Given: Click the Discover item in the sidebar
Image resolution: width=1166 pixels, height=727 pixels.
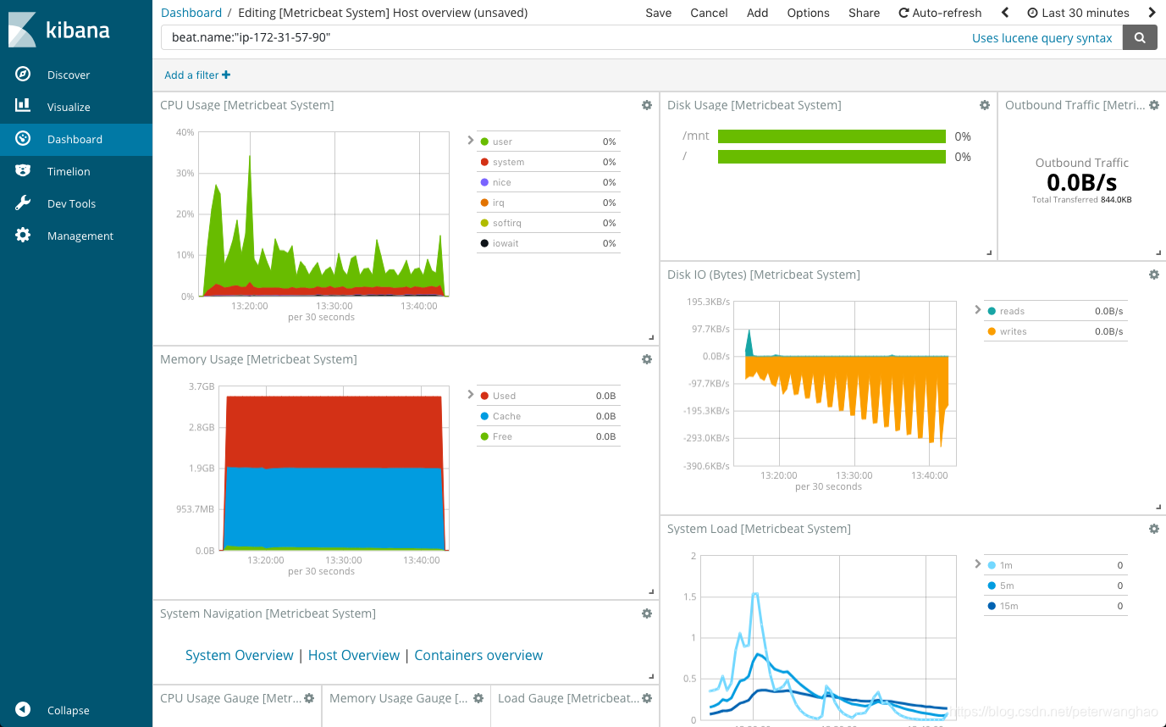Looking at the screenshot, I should [68, 75].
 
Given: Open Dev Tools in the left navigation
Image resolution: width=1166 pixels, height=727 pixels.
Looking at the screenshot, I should [71, 203].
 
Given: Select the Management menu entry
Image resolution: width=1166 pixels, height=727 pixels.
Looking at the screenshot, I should [80, 236].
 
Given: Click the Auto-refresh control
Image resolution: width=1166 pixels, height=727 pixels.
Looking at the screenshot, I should [940, 13].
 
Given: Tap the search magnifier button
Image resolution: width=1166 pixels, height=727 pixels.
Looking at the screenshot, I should [1140, 37].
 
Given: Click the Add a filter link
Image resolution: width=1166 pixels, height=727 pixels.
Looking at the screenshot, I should [196, 75].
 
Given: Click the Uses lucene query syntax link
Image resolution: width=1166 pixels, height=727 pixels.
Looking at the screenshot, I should [1042, 37].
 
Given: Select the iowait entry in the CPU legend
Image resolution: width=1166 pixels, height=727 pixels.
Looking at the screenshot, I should [506, 243].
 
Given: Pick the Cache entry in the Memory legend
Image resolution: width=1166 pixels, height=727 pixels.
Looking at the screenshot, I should [506, 416].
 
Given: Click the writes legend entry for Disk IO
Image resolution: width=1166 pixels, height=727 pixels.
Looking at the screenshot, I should [1013, 331].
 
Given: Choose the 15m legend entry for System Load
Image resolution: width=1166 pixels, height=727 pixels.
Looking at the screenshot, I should [1009, 606].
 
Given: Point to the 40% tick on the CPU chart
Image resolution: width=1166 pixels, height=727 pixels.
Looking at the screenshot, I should [185, 132].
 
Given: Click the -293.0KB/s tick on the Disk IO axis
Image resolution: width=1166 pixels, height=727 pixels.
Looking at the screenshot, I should [706, 438].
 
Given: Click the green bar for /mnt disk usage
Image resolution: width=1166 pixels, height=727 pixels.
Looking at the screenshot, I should [831, 136].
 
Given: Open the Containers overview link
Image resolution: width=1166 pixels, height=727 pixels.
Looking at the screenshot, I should [478, 655].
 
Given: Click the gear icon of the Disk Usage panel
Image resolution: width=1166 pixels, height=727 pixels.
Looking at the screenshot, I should [984, 105].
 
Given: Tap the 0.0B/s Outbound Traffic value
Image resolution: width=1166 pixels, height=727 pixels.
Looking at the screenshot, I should [1081, 182].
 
